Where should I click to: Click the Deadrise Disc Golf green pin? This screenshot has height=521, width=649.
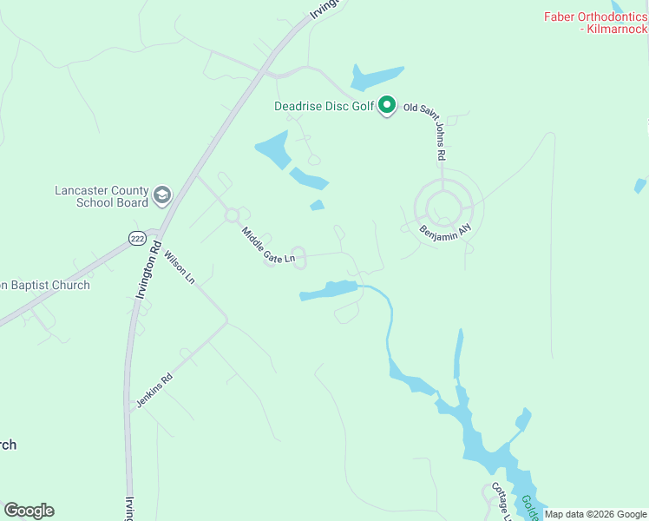(388, 107)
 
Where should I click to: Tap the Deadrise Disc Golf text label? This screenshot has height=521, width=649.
(324, 107)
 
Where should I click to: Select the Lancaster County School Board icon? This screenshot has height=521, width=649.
(161, 196)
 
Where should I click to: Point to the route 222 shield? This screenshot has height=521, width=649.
(136, 238)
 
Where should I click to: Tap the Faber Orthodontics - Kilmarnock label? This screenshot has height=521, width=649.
(595, 23)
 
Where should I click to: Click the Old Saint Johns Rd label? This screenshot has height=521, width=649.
(436, 130)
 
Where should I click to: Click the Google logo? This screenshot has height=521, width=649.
(29, 511)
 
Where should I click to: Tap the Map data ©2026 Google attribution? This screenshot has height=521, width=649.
(595, 514)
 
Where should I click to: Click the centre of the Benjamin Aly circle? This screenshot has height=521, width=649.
(443, 206)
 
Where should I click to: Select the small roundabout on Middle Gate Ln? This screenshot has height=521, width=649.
(232, 214)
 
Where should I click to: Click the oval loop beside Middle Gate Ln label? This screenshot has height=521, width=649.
(299, 258)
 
